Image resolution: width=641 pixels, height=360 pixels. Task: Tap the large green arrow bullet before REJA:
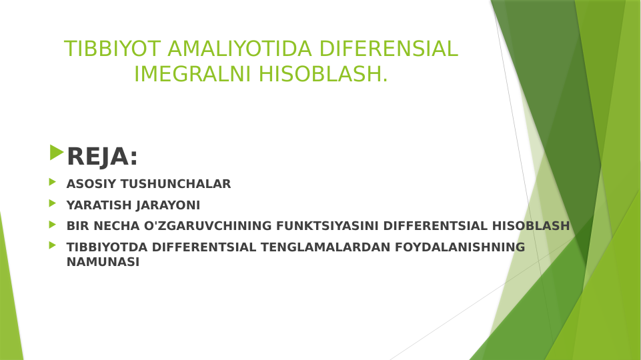56,153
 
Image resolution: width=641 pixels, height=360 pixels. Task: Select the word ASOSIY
91,184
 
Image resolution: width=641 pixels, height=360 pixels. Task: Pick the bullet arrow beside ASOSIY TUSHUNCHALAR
52,182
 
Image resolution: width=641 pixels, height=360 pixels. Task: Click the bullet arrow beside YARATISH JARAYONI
52,203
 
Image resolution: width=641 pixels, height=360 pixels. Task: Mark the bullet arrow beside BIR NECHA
52,225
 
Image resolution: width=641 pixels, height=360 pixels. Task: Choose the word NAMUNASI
103,263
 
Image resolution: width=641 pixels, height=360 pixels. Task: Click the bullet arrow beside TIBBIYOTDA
52,245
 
